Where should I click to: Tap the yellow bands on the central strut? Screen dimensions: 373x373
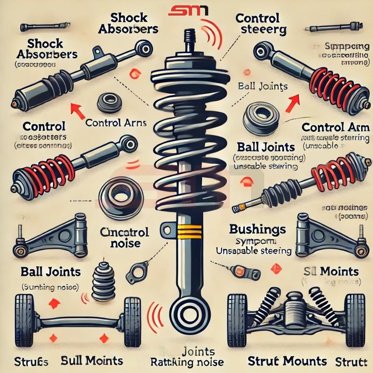(186, 231)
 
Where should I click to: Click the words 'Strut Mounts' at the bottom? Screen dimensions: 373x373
(287, 361)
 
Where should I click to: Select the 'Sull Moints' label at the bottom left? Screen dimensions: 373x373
(92, 361)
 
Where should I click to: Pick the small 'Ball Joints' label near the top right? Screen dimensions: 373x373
(263, 86)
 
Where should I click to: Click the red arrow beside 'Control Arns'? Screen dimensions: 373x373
(77, 110)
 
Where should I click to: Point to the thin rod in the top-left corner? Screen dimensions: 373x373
(43, 25)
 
